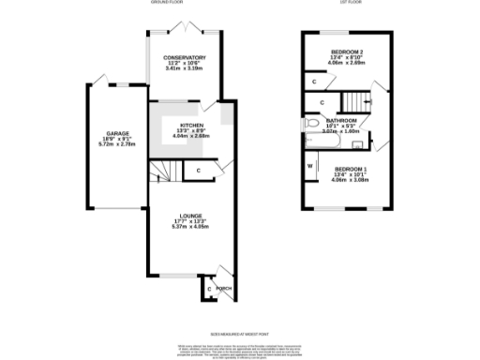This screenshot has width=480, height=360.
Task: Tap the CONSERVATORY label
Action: (x=184, y=57)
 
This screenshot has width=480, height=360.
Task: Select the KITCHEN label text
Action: (x=191, y=125)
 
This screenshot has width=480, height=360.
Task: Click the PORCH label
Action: (x=223, y=289)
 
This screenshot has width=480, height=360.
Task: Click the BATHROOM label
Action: (x=340, y=121)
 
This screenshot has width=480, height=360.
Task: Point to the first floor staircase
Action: (x=353, y=100)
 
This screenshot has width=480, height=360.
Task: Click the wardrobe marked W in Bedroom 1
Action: (x=310, y=168)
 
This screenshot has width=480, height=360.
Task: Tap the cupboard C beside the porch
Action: (x=208, y=289)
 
